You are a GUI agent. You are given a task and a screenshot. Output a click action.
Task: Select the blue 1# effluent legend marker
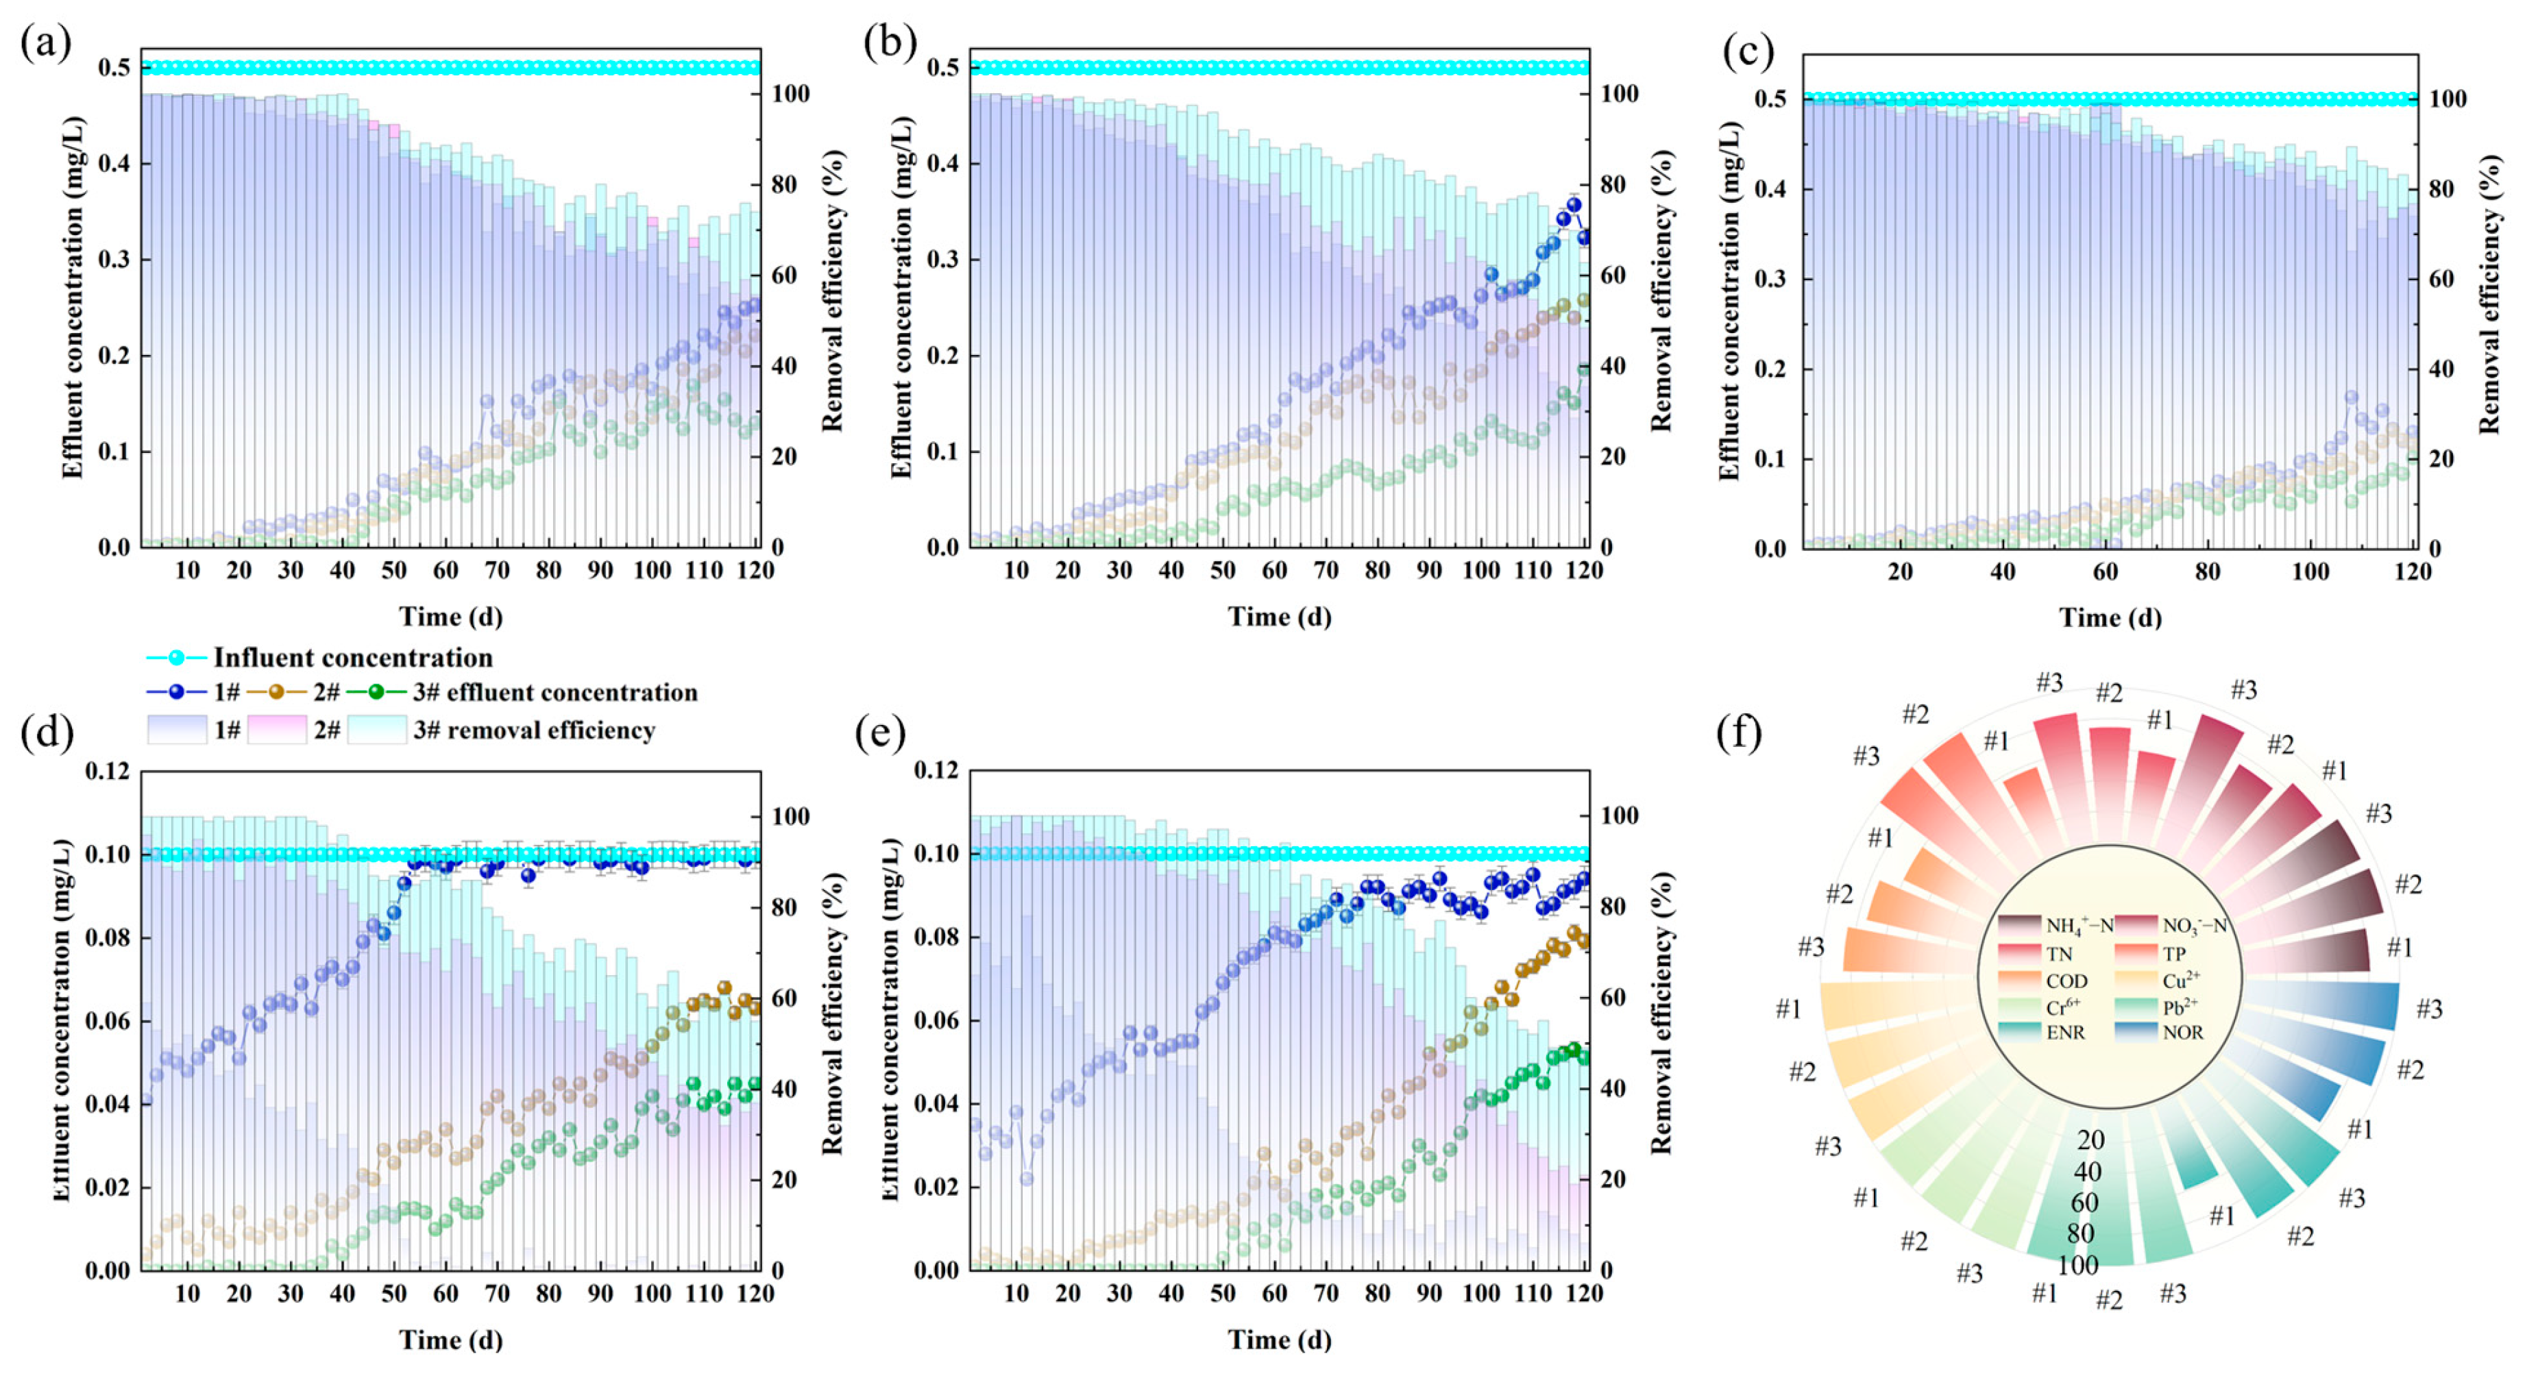(175, 692)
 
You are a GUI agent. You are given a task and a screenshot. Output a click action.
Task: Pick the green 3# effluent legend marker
(376, 692)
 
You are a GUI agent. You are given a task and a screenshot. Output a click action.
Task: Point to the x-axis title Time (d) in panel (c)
(2110, 617)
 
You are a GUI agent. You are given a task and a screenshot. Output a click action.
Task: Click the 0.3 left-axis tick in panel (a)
(114, 260)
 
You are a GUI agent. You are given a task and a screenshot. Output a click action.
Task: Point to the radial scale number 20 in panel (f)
(2090, 1140)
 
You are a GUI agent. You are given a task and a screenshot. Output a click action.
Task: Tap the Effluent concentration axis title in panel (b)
(900, 298)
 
